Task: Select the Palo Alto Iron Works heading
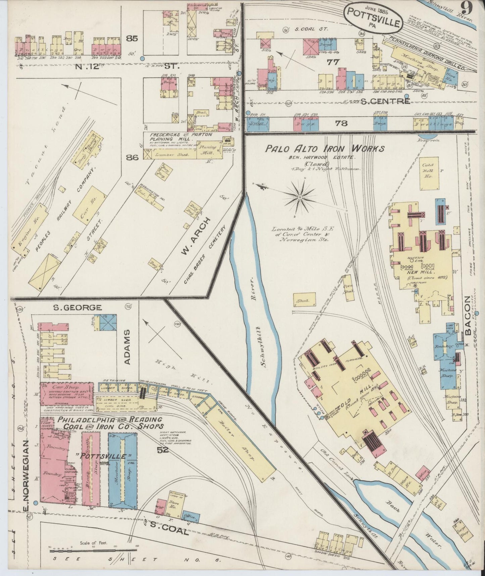325,149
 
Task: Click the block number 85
132,39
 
